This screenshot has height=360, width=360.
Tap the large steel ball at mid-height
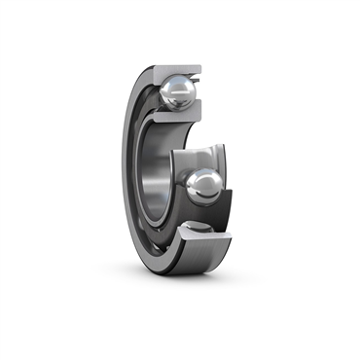(x=204, y=185)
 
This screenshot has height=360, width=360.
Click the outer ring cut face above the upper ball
(x=175, y=69)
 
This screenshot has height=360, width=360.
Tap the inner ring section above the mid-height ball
(x=199, y=156)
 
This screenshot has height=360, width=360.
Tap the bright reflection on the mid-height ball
(x=199, y=178)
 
